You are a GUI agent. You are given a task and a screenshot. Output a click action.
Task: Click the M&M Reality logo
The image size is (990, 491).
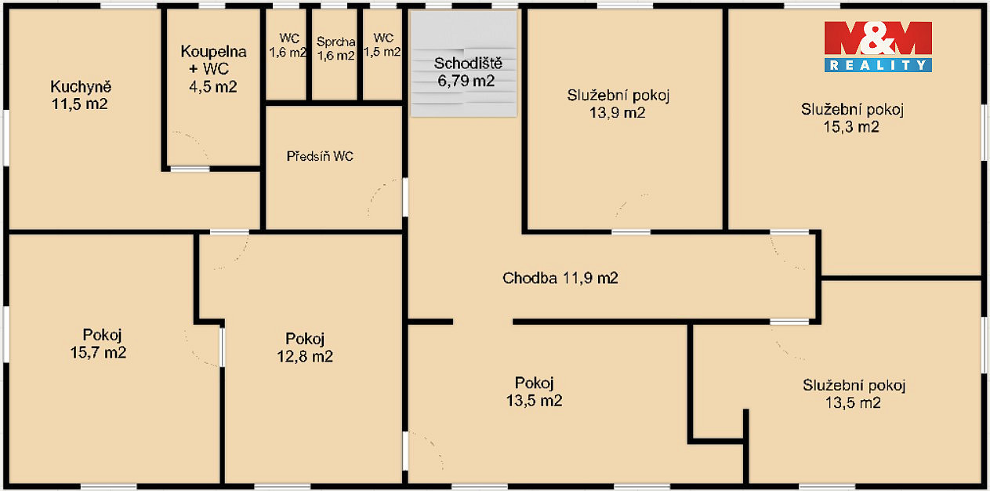(878, 46)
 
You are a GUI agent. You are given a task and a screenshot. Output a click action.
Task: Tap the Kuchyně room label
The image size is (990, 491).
(81, 87)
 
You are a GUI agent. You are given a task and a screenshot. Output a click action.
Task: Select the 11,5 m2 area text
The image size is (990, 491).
(79, 104)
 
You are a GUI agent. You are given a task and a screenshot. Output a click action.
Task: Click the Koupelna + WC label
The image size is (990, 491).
(213, 68)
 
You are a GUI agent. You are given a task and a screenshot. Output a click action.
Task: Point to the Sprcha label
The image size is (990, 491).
(336, 42)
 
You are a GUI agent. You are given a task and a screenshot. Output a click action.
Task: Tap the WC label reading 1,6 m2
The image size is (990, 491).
(288, 45)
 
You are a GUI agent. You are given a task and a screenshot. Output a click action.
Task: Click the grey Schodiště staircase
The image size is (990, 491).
(463, 64)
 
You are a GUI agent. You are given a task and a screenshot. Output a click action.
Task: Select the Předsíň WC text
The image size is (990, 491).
(320, 156)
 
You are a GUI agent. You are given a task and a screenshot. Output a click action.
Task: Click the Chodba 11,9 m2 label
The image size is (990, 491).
(560, 278)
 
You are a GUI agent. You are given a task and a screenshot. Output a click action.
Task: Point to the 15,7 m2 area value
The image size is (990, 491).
(98, 352)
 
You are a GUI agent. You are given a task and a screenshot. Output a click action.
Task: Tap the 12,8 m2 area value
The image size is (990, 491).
(305, 356)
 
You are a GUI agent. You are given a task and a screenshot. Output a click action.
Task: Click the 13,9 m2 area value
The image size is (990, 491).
(618, 113)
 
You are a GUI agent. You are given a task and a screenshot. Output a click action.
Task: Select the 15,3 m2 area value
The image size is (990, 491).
(851, 127)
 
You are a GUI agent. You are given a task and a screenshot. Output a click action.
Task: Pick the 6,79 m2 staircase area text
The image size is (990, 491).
(466, 81)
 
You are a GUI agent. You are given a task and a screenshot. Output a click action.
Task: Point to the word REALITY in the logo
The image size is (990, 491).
(878, 65)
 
